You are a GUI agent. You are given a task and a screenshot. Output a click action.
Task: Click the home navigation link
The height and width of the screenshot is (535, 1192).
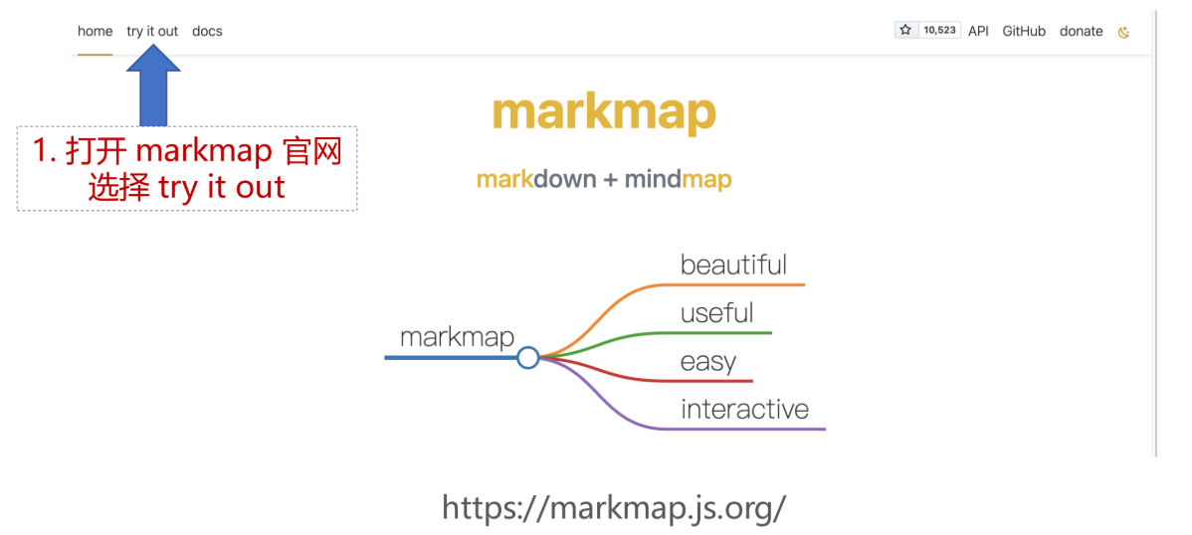[96, 31]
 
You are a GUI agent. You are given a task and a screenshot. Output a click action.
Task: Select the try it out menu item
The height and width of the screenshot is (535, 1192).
[152, 31]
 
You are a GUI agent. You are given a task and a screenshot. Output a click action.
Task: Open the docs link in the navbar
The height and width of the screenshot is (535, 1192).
[207, 31]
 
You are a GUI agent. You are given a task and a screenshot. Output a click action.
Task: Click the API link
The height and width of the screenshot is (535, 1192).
[978, 31]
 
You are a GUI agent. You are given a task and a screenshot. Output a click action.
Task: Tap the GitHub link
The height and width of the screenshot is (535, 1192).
[1024, 31]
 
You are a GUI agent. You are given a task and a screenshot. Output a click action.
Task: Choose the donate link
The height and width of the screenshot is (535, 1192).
[1081, 31]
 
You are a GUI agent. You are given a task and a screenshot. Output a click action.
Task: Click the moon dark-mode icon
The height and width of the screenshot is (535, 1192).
[1124, 32]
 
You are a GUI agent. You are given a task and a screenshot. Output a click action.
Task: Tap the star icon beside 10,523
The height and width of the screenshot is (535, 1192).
[905, 30]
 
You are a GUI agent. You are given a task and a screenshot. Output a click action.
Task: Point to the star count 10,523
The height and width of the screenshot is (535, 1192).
[939, 30]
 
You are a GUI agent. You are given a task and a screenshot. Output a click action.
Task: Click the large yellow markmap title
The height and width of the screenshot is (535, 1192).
[604, 112]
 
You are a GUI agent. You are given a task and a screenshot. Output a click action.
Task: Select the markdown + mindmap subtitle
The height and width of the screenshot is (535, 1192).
[604, 180]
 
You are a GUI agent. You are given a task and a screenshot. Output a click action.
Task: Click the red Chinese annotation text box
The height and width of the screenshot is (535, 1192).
[187, 169]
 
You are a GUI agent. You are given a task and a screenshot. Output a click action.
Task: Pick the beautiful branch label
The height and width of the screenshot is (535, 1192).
[733, 265]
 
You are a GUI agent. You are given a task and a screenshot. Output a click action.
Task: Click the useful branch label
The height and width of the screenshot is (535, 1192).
[716, 313]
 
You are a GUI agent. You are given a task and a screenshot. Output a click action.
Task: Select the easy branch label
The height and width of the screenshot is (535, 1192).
[707, 361]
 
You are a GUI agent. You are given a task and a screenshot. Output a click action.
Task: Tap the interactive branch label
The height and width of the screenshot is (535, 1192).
[744, 409]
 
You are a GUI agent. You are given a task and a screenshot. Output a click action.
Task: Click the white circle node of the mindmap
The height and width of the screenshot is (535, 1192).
[528, 357]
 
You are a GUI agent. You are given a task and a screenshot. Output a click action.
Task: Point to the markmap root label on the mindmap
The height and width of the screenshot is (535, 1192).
[457, 337]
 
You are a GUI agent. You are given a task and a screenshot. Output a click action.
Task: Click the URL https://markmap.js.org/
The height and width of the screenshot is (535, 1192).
[614, 507]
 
